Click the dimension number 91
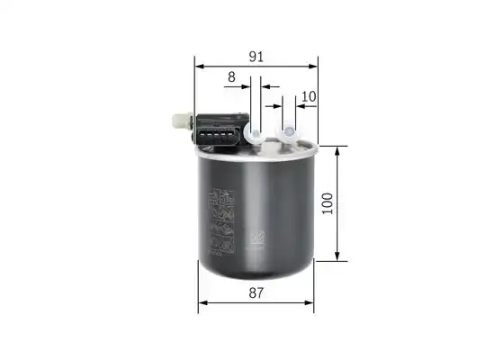(256, 57)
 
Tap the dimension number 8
(231, 77)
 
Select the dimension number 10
(309, 96)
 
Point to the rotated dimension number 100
(328, 203)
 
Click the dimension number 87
(256, 292)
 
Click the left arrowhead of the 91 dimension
(200, 67)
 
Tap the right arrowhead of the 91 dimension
(313, 67)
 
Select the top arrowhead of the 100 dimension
(337, 151)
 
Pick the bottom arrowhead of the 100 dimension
(337, 256)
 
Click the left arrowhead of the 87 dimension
(203, 302)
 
